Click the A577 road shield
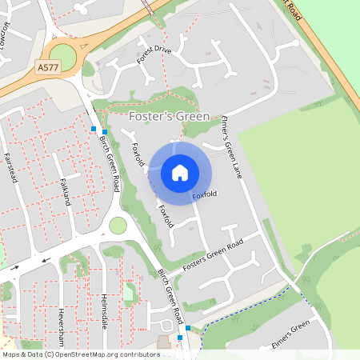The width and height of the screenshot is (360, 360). (x=47, y=70)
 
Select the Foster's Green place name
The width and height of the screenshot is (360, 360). (x=169, y=117)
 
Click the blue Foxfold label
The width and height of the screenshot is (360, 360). (x=205, y=194)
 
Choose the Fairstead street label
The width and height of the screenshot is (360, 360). (x=10, y=168)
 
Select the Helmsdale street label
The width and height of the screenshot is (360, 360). (x=103, y=307)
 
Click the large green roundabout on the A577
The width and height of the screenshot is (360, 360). (x=62, y=56)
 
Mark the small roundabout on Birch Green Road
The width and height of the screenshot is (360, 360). (x=118, y=226)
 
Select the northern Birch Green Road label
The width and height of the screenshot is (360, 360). (x=109, y=162)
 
